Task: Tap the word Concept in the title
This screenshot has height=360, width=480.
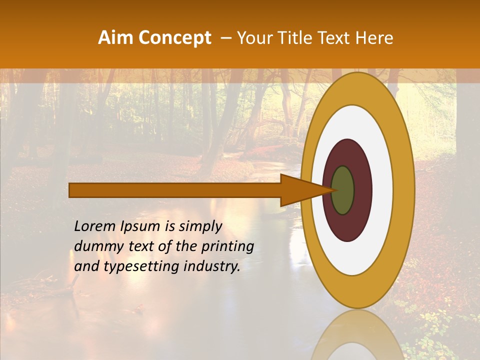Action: click(175, 38)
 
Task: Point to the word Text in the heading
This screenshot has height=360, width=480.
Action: click(334, 38)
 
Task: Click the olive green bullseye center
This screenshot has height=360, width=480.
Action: click(342, 190)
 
